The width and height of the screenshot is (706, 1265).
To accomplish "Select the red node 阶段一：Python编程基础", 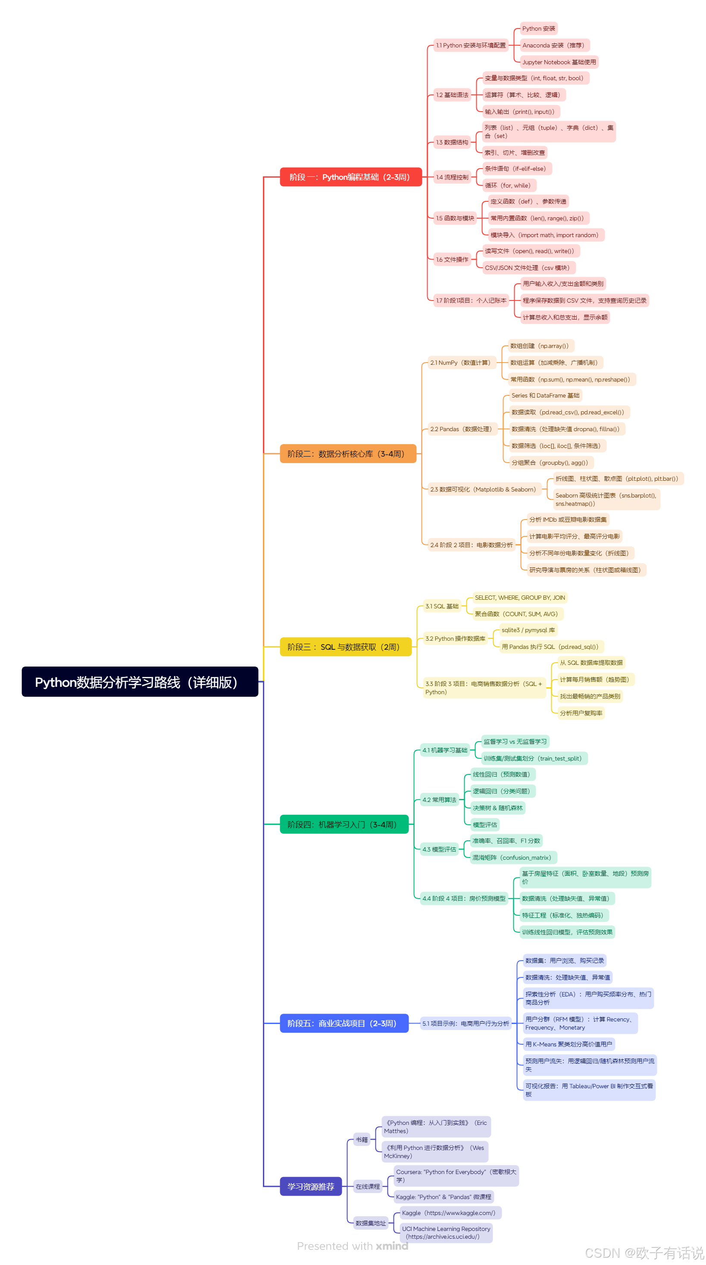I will [350, 177].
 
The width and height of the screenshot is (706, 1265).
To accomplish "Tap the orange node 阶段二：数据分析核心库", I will [347, 453].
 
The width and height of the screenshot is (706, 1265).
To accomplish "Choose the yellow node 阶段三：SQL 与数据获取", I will [345, 646].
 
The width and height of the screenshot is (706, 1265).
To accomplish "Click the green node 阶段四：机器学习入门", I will [344, 824].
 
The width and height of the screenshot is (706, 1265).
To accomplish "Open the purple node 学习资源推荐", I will [310, 1186].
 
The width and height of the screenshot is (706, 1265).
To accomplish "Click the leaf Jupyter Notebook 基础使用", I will [558, 62].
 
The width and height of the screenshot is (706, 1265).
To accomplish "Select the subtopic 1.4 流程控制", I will [452, 177].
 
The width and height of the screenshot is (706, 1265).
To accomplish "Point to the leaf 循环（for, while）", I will [507, 185].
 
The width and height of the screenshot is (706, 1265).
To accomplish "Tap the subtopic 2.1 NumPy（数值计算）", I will [460, 363].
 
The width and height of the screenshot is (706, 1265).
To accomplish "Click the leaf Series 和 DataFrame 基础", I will [545, 395].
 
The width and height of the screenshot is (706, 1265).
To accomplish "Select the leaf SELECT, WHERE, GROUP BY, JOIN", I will [519, 597].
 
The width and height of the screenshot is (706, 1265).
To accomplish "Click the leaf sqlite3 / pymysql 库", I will [528, 629].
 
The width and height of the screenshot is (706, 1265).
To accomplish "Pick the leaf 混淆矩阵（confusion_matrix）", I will [512, 857].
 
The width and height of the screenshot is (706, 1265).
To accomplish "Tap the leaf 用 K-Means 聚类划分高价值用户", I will [568, 1043].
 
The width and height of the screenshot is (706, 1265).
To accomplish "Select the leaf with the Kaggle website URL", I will [448, 1212].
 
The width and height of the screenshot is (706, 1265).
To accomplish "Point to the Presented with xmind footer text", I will [352, 1246].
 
